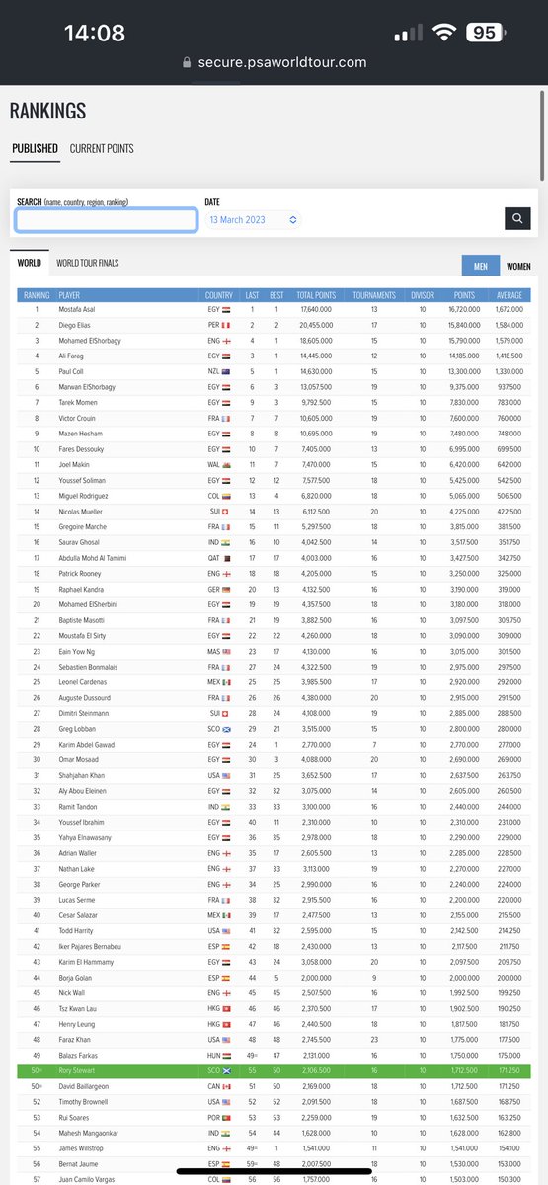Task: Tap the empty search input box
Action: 106,219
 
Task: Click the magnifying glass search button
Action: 517,219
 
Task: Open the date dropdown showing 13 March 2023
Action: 253,220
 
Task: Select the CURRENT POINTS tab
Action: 102,149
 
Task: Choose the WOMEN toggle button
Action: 518,266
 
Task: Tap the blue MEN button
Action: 481,266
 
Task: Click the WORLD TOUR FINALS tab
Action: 88,263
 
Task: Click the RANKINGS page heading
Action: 47,111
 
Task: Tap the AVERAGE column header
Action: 509,295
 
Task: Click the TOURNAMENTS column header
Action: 374,295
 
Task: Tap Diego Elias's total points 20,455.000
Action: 315,325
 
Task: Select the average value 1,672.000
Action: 510,309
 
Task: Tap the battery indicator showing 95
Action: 484,33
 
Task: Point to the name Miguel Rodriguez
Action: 87,496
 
